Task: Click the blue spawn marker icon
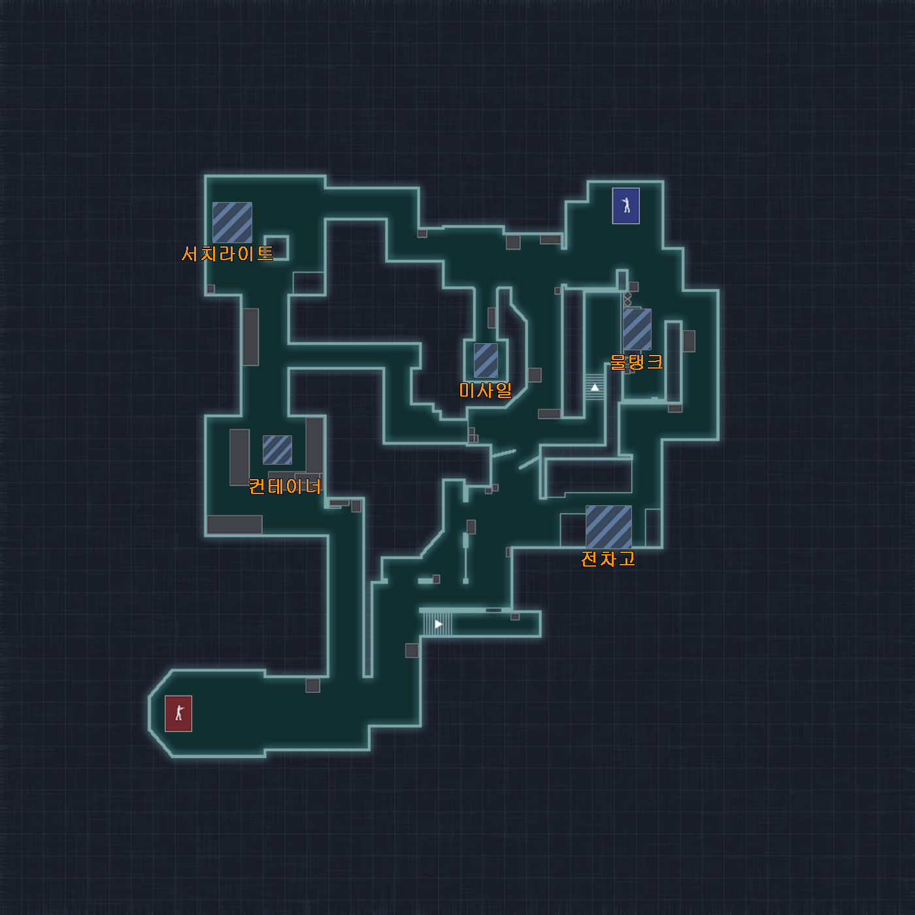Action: tap(626, 206)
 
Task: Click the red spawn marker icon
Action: tap(178, 714)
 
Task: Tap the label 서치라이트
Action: tap(227, 254)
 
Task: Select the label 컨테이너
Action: tap(285, 486)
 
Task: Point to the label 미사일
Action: tap(486, 390)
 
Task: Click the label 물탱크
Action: tap(637, 362)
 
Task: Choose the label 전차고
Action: tap(608, 559)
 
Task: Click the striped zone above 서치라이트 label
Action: tap(232, 222)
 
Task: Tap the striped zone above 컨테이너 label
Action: tap(277, 450)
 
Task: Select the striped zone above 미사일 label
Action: tap(486, 360)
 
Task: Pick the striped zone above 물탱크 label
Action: tap(637, 329)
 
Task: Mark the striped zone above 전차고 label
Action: tap(608, 527)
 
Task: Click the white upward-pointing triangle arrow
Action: tap(595, 388)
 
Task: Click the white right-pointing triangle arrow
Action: tap(439, 624)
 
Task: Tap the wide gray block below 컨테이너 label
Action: tap(235, 525)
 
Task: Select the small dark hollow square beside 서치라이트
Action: tap(276, 248)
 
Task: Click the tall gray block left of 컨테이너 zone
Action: tap(240, 457)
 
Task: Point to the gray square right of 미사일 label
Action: tap(535, 374)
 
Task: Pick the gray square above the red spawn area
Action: tap(313, 685)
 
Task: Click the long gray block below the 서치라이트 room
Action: tap(251, 337)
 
